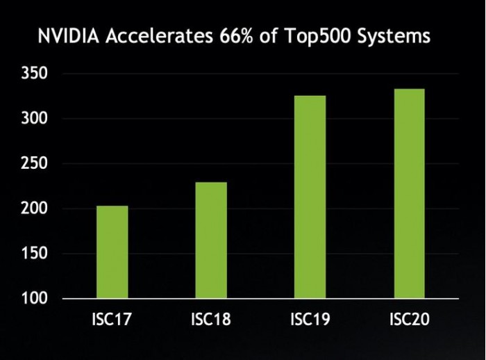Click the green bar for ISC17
[112, 252]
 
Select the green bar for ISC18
[210, 240]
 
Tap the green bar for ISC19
[310, 197]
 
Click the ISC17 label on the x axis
[112, 320]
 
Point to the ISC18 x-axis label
[210, 320]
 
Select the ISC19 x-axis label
[310, 320]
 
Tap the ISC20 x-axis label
[409, 320]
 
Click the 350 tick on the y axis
[34, 74]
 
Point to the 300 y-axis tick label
[34, 119]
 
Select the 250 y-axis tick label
[34, 164]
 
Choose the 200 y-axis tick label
[34, 208]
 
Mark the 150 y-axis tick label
[34, 254]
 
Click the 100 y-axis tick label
[34, 299]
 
